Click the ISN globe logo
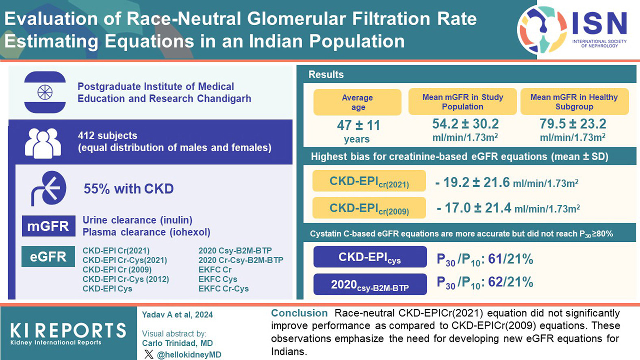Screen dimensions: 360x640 542,30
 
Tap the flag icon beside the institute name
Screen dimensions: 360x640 45,92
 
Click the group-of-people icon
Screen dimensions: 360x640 43,143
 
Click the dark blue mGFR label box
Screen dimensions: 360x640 48,226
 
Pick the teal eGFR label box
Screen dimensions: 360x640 48,256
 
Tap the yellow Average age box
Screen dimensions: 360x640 357,102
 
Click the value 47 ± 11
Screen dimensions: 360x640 358,125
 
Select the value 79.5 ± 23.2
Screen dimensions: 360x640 573,124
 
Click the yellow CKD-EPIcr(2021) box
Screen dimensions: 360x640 369,181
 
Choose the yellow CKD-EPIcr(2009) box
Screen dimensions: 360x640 369,208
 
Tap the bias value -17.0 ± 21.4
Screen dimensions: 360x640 474,208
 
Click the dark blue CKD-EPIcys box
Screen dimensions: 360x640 370,257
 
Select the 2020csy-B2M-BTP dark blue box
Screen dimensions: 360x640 370,284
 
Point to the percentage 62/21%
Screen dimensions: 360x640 510,282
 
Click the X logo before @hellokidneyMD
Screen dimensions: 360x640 149,354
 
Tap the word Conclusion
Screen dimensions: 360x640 299,313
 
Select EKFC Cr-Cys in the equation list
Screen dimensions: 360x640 223,289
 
